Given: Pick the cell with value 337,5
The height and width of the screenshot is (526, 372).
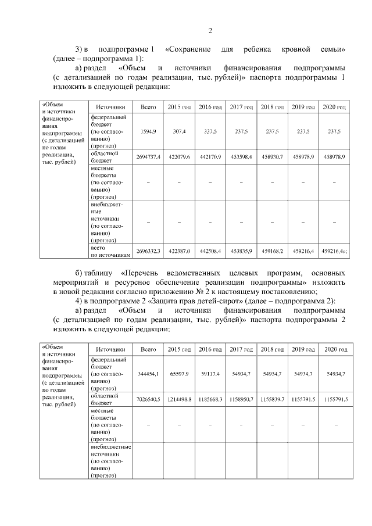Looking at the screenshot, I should click(x=210, y=132).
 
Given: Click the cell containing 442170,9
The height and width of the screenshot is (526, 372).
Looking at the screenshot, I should click(x=210, y=158).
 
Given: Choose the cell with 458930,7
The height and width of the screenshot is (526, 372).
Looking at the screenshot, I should click(x=271, y=158).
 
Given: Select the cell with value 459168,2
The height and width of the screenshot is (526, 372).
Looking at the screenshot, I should click(x=271, y=251).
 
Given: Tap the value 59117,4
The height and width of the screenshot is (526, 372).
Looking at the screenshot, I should click(x=210, y=375).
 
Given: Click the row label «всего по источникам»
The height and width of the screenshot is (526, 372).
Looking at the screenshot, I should click(x=109, y=251).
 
